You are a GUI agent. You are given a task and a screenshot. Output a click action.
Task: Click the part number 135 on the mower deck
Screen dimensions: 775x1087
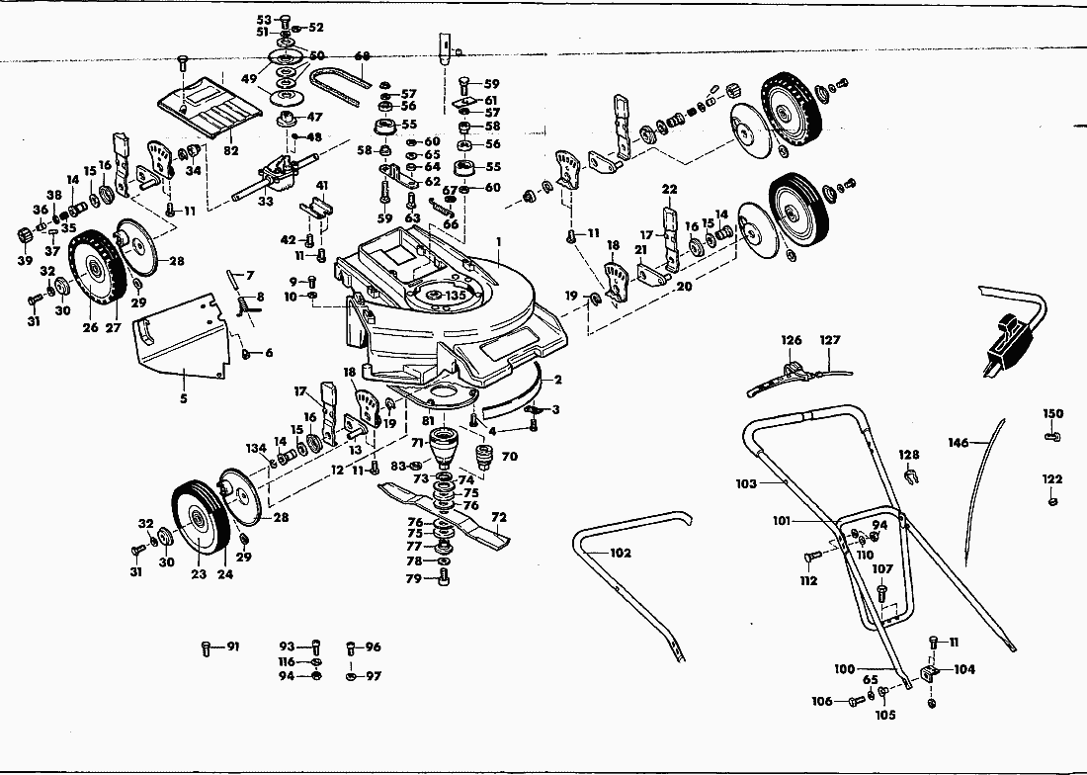pos(456,295)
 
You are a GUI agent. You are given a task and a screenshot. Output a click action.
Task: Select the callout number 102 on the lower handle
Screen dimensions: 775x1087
pos(621,554)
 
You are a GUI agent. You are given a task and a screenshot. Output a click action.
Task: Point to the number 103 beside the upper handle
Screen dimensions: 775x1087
pos(746,484)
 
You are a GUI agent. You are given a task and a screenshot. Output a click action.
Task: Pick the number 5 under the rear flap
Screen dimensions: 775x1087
pos(183,400)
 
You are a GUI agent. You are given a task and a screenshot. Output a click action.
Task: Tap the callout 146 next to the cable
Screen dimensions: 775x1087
pos(959,444)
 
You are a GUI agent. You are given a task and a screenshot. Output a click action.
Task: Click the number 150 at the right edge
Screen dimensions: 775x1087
pos(1053,413)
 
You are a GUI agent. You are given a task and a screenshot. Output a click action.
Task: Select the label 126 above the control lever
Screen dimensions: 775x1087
pos(792,340)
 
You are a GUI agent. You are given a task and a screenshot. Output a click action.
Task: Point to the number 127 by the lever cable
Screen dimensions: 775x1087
pos(828,340)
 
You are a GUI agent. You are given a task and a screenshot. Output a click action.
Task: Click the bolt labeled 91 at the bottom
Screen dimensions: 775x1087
pos(233,647)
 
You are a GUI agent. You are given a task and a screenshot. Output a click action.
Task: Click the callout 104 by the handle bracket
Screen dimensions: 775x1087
pos(964,669)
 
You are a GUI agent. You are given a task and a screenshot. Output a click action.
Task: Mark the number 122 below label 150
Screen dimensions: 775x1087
pos(1052,479)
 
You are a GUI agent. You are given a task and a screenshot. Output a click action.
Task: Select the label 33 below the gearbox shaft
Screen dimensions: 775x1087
pos(266,202)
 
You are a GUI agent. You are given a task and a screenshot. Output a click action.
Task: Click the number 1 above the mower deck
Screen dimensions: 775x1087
pos(500,241)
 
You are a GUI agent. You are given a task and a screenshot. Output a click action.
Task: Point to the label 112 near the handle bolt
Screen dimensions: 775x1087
pos(808,580)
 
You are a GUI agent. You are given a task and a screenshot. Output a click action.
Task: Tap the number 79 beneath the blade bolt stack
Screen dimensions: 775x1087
pos(414,578)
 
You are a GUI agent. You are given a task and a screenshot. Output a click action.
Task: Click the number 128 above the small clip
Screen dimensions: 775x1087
pos(909,455)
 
